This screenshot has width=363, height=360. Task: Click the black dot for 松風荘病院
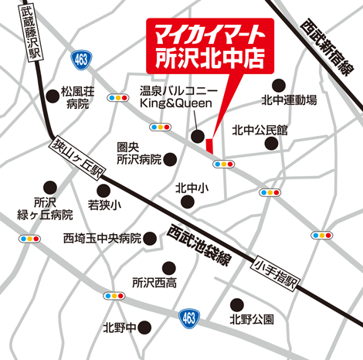(x=52, y=95)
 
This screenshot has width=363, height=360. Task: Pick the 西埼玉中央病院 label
(x=102, y=239)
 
